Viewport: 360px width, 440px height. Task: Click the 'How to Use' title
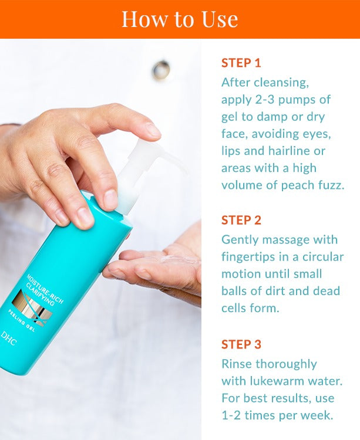180,19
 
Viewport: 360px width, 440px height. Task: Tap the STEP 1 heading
241,63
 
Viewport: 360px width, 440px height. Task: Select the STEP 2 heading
241,220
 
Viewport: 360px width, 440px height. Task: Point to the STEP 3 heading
241,344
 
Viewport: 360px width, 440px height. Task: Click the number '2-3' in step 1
264,100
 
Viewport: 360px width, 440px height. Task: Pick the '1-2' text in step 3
231,415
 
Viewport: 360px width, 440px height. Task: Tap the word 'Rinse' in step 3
237,364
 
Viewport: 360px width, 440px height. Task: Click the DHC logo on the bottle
8,339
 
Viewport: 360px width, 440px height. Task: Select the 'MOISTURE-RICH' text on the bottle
46,289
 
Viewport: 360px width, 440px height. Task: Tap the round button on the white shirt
161,69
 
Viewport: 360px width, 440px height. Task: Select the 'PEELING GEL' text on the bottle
21,320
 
